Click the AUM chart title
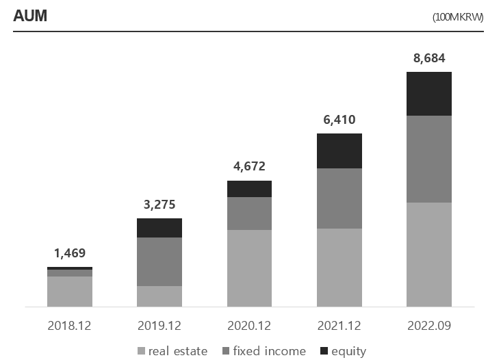30,16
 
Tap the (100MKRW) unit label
458,17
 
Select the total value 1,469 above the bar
69,253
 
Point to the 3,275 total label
159,204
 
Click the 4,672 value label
249,166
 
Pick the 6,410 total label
339,120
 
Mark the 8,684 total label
429,58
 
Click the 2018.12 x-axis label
69,325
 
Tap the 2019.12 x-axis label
159,325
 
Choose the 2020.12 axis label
249,325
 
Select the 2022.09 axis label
429,325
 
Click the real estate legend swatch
142,351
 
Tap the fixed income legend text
270,351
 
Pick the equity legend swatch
324,351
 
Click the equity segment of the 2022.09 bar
429,94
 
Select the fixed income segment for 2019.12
159,261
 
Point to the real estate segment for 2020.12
249,268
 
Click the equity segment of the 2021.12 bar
339,151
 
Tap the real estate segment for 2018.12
69,292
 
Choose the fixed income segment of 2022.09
429,159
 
